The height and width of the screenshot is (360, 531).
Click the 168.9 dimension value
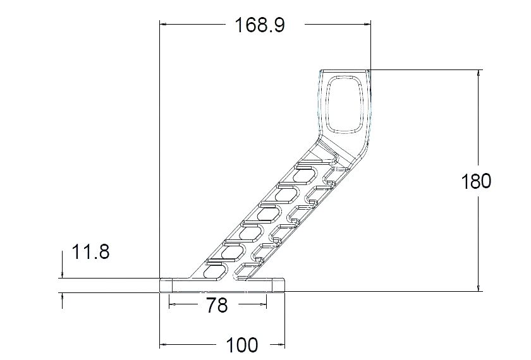pos(260,25)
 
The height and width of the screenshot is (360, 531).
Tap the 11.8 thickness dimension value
pos(91,253)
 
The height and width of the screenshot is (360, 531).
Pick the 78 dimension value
pos(217,306)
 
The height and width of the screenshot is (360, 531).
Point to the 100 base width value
pos(242,345)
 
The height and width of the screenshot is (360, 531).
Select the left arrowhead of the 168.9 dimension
pos(164,25)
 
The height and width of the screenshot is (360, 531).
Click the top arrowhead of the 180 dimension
pos(478,74)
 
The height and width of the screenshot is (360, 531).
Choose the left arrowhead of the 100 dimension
pos(164,345)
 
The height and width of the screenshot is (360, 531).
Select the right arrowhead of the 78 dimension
pos(262,305)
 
